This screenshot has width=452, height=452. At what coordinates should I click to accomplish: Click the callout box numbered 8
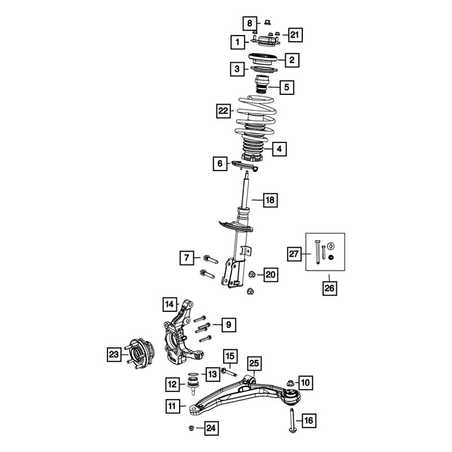tap(250, 23)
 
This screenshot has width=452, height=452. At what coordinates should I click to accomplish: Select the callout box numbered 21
tap(294, 35)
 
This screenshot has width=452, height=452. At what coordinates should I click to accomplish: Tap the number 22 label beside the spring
tap(223, 111)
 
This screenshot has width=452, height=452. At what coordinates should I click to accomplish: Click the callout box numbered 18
tap(271, 200)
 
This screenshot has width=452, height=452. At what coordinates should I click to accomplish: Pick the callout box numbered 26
tap(329, 288)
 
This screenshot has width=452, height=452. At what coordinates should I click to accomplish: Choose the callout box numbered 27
tap(294, 254)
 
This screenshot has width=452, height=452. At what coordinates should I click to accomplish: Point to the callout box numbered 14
tap(170, 304)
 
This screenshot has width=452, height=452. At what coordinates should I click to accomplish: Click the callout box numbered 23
tap(114, 354)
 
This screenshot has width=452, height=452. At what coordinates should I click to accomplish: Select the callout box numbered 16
tap(308, 420)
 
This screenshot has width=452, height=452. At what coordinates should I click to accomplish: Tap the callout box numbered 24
tap(211, 428)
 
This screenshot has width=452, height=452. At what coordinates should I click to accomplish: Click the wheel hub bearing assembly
tap(140, 354)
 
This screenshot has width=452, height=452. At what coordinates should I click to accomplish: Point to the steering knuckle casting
tap(183, 334)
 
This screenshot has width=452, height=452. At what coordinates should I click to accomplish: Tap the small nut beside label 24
tap(190, 428)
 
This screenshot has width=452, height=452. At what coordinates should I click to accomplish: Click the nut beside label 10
tap(290, 383)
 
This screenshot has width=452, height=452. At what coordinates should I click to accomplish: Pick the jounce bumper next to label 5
tap(262, 84)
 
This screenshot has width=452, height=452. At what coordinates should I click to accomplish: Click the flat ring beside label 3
tap(264, 69)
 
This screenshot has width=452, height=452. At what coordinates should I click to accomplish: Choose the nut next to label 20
tap(251, 274)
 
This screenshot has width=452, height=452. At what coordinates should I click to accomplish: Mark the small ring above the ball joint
tap(193, 374)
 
